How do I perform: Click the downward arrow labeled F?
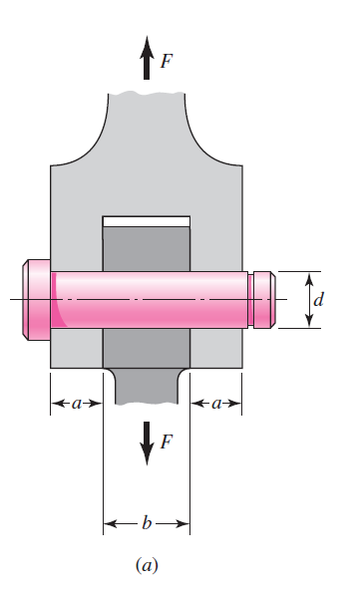(x=147, y=442)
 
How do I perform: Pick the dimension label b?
(x=147, y=522)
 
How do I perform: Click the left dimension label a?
(x=77, y=404)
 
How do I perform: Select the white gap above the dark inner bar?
(x=147, y=219)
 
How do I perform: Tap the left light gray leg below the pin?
(x=77, y=349)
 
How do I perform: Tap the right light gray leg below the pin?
(x=215, y=349)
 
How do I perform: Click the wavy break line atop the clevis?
(x=147, y=94)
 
